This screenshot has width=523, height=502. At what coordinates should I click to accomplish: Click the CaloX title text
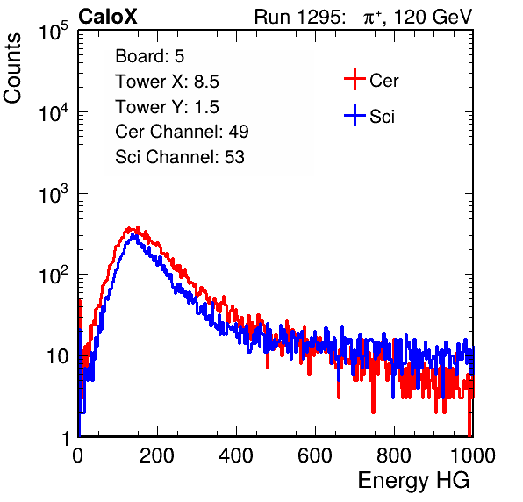(108, 17)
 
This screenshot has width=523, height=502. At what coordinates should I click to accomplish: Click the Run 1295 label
(299, 17)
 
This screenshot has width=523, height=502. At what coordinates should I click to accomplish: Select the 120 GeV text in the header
(433, 17)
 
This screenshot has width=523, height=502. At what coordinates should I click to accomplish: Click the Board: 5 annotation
(150, 56)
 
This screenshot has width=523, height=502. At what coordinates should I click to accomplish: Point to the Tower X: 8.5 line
(167, 82)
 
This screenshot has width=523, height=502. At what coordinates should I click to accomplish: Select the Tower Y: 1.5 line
(167, 107)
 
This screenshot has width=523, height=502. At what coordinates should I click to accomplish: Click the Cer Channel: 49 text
(182, 132)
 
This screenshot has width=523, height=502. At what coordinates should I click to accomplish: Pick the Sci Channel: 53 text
(180, 157)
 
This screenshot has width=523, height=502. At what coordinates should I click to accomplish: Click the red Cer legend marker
(355, 79)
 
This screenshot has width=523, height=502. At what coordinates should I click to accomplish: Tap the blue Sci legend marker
(355, 115)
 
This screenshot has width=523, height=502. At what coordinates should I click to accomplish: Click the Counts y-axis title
(12, 68)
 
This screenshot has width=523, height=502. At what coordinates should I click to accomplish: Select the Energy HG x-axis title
(413, 481)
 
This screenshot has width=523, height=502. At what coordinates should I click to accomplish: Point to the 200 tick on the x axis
(157, 455)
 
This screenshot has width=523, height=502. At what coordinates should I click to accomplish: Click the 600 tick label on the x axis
(315, 455)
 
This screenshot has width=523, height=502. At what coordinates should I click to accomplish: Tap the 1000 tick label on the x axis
(473, 455)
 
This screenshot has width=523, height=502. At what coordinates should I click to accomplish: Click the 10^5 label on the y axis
(54, 32)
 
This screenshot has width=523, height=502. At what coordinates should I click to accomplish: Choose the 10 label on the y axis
(57, 357)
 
